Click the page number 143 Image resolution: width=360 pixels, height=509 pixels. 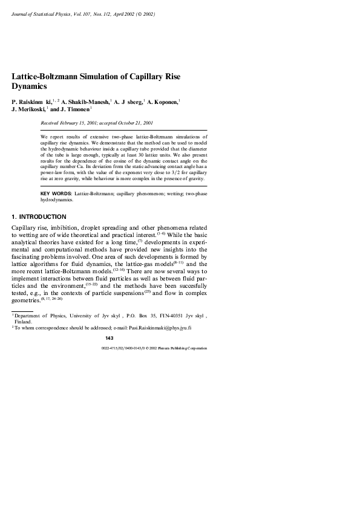click(109, 337)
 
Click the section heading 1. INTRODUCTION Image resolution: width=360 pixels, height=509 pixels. click(39, 216)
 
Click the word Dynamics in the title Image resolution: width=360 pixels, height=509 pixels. click(30, 86)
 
